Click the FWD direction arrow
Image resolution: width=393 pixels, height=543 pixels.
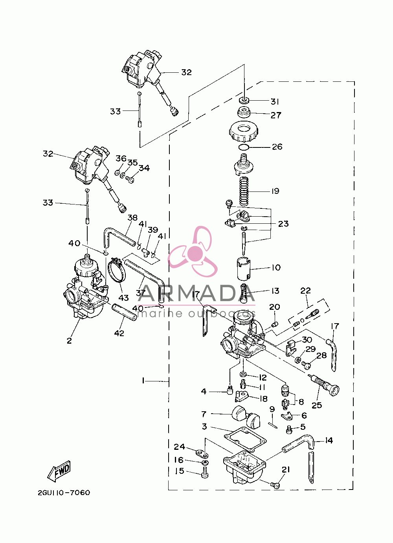59,472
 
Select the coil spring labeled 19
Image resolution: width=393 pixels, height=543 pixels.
244,191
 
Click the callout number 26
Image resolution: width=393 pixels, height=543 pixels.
277,147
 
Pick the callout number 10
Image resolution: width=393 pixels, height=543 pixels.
276,268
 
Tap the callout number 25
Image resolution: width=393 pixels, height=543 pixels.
317,405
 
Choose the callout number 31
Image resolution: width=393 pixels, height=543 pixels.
275,101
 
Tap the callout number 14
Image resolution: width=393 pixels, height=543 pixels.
329,440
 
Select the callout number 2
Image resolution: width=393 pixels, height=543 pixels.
69,341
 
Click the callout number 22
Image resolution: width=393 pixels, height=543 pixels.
305,291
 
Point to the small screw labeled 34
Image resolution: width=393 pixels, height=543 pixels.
130,179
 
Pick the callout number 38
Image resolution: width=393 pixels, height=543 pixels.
132,217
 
